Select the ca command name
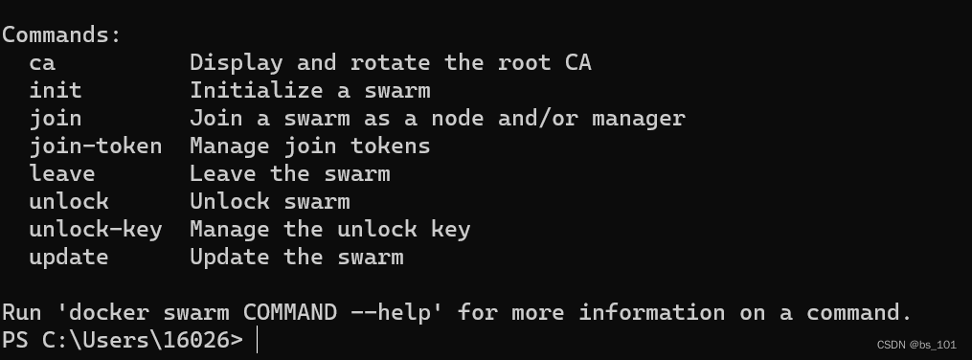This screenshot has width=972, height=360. pos(42,63)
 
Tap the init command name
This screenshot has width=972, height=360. pos(56,91)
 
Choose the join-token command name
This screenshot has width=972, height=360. pos(96,146)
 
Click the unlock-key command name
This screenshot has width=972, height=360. pos(96,229)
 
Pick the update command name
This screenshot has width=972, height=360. pos(69,257)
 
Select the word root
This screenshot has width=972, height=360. pos(525,63)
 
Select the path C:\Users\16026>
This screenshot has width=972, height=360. pos(142,339)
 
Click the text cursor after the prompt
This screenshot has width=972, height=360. pos(257,340)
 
